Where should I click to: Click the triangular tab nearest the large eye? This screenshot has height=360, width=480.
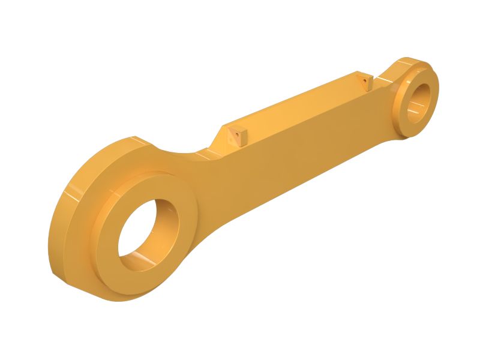pyautogui.click(x=236, y=137)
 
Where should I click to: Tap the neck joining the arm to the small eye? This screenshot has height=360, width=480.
pyautogui.click(x=384, y=78)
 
